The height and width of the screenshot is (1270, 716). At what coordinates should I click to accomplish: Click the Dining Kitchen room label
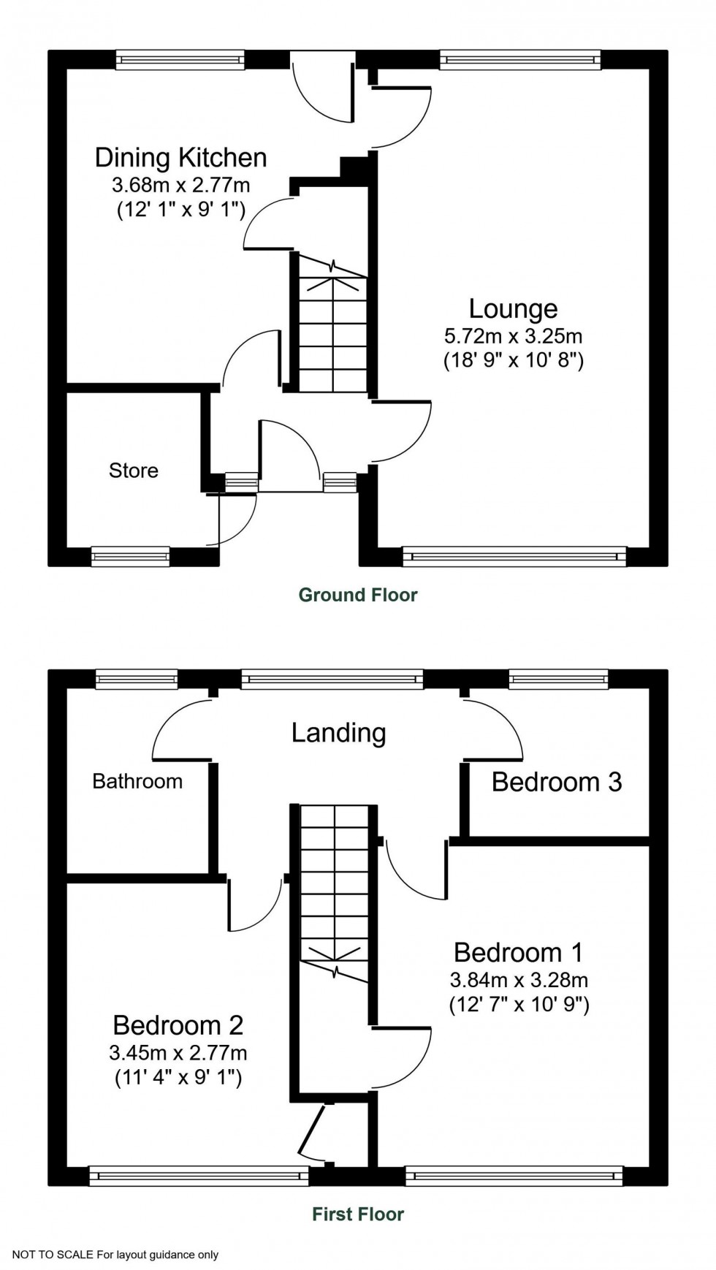pyautogui.click(x=181, y=158)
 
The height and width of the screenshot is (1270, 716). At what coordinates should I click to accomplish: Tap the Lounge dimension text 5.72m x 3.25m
pyautogui.click(x=513, y=336)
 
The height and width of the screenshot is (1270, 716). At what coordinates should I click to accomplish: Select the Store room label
pyautogui.click(x=134, y=471)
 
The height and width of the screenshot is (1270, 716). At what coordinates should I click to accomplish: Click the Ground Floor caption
pyautogui.click(x=358, y=595)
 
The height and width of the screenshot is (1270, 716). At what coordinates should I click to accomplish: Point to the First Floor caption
pyautogui.click(x=358, y=1214)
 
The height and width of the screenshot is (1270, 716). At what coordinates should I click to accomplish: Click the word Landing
pyautogui.click(x=338, y=732)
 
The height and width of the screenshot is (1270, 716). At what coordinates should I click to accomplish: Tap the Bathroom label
pyautogui.click(x=137, y=781)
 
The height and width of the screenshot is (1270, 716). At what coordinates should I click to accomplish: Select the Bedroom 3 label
pyautogui.click(x=556, y=782)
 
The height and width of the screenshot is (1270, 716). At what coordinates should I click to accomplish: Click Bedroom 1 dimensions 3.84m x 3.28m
pyautogui.click(x=519, y=980)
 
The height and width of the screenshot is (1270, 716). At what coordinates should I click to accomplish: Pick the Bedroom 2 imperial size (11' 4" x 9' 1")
pyautogui.click(x=178, y=1077)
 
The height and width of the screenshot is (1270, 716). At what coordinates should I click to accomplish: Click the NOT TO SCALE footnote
pyautogui.click(x=115, y=1255)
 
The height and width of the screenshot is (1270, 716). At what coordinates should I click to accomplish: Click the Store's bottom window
pyautogui.click(x=131, y=557)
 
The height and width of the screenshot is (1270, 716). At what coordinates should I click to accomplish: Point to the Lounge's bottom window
pyautogui.click(x=514, y=557)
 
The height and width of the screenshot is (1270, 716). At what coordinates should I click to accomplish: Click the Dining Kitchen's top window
pyautogui.click(x=180, y=60)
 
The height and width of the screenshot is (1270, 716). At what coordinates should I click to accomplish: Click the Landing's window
pyautogui.click(x=332, y=680)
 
